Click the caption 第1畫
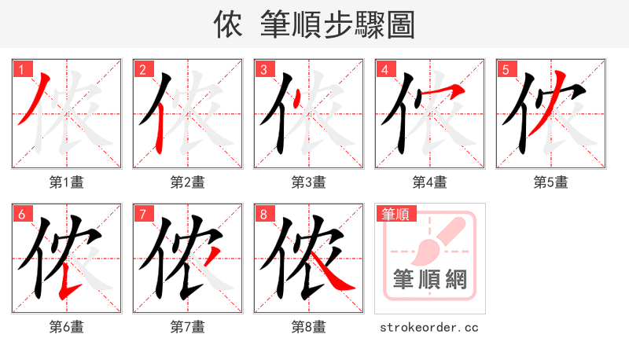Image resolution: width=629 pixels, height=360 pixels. click(67, 182)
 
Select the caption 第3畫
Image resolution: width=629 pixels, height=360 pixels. click(309, 182)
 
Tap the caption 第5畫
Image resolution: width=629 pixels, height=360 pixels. click(550, 182)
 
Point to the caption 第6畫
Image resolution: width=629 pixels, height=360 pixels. click(67, 327)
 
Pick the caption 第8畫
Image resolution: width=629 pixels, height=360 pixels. click(309, 327)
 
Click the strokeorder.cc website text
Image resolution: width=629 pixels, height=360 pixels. click(429, 327)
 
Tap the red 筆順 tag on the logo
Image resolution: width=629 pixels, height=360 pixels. click(398, 214)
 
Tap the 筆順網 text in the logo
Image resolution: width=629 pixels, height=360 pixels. click(429, 279)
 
